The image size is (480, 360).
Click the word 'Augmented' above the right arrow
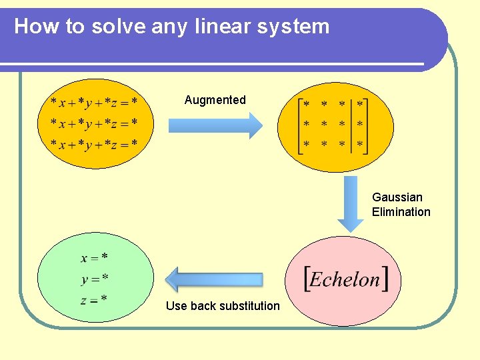[x=215, y=100]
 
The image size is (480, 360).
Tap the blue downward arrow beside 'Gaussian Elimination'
[x=350, y=205]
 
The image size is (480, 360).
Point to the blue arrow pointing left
[x=214, y=279]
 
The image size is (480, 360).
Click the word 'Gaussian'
[x=397, y=197]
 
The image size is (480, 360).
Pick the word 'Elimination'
[x=401, y=212]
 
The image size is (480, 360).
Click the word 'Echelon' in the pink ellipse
[x=345, y=279]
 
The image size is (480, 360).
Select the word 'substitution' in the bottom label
[x=250, y=306]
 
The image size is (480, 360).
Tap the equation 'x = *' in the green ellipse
[x=95, y=257]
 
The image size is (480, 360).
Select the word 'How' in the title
[x=31, y=27]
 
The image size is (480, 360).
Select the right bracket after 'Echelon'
[x=386, y=279]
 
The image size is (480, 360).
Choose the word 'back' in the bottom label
[x=203, y=306]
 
